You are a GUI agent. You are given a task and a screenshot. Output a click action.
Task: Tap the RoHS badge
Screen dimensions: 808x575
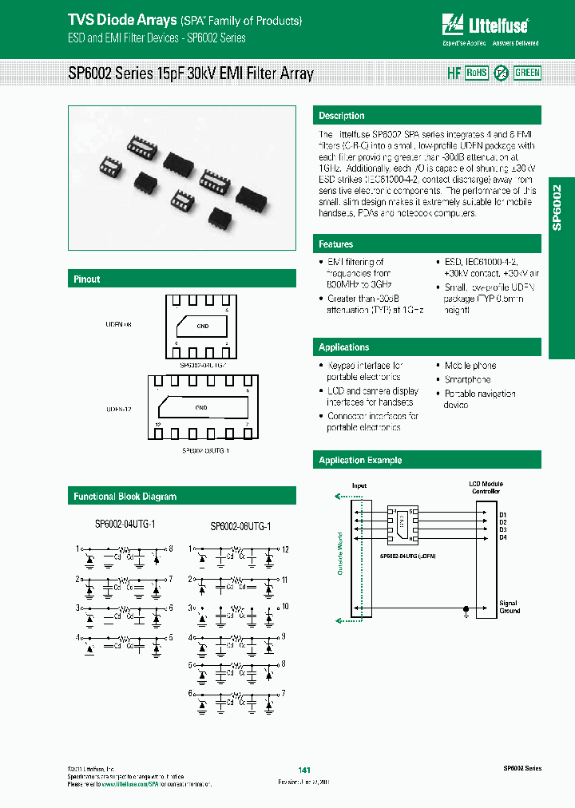point(477,73)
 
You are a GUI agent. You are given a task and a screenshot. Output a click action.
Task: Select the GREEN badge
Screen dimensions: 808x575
point(527,73)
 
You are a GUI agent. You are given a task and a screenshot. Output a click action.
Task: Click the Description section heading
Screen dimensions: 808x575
point(342,116)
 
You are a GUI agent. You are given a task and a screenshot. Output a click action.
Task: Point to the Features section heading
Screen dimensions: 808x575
point(336,244)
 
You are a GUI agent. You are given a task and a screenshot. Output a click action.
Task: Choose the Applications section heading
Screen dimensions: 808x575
point(344,347)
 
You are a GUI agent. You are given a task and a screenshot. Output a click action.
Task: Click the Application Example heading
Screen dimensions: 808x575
point(360,461)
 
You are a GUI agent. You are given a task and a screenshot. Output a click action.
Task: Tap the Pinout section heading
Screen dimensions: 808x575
point(87,279)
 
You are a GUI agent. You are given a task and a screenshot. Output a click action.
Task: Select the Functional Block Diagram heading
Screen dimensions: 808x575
point(125,497)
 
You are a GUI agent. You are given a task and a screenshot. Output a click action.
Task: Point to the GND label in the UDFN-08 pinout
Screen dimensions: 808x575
point(202,326)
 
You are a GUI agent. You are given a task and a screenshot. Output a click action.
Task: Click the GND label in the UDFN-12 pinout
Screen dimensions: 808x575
point(201,407)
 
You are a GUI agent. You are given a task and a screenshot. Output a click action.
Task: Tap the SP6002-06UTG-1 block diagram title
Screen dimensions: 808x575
point(240,527)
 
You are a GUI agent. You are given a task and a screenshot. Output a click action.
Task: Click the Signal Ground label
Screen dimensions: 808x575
point(510,607)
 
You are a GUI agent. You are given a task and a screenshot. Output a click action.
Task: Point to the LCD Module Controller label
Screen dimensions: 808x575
point(486,488)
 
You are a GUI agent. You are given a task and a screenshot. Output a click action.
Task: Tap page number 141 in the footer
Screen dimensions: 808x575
point(303,769)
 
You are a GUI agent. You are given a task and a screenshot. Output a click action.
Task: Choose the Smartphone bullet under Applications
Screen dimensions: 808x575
point(467,379)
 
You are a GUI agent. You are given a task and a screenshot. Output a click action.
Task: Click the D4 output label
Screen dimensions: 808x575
point(503,537)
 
